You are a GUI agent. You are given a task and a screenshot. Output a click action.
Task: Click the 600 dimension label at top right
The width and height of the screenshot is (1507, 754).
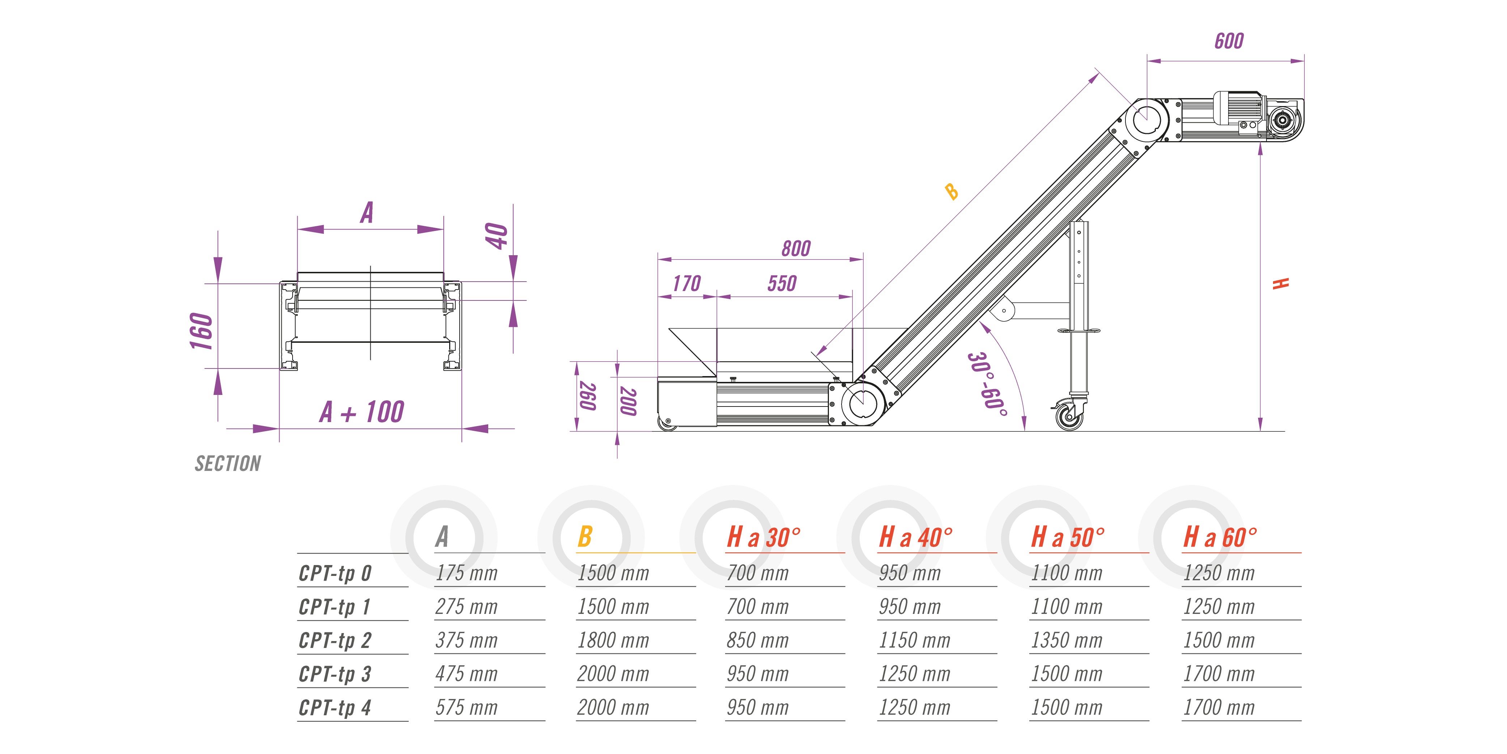coord(1229,41)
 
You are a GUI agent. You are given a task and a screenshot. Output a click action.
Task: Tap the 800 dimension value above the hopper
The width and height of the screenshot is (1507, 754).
coord(796,248)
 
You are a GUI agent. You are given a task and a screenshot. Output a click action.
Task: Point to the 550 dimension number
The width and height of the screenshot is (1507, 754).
coord(782,284)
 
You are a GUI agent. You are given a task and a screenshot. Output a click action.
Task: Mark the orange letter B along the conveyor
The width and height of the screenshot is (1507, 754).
coord(952,191)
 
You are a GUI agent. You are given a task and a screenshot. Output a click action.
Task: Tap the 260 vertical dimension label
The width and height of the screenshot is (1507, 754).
coord(587,396)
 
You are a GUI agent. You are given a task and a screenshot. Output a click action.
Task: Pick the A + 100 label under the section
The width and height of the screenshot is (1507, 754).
coord(362,412)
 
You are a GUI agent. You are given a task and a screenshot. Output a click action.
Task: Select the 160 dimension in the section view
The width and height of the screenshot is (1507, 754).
coord(201,331)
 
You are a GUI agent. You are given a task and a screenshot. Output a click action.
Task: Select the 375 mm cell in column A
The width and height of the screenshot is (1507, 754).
coord(466,640)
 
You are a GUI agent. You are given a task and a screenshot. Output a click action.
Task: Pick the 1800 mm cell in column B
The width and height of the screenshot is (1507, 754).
coord(613,640)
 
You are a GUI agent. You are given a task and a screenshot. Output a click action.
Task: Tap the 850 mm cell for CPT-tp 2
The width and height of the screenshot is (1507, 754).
coord(758,640)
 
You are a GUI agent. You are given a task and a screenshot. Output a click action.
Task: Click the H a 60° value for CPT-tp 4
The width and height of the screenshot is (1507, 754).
coord(1219,708)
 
